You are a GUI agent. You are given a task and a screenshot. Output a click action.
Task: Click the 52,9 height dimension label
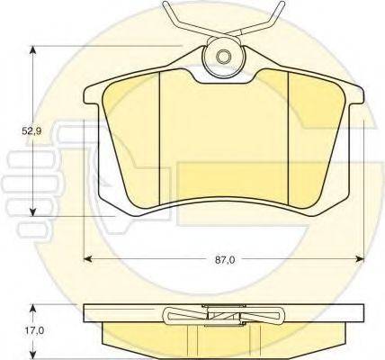click(x=32, y=130)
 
